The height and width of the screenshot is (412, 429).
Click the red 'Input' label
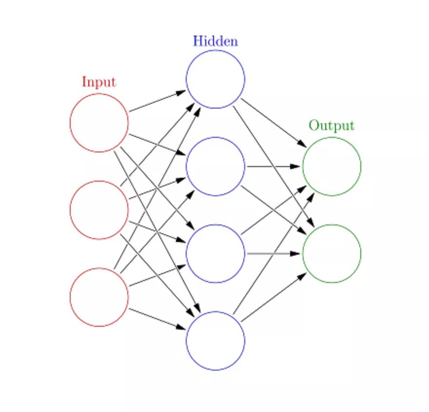tap(98, 82)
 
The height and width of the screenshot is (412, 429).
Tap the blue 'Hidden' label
tap(215, 41)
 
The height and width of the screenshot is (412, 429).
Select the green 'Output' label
tap(331, 126)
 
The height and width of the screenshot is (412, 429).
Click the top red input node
tap(99, 123)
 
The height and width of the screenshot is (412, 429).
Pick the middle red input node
tap(99, 210)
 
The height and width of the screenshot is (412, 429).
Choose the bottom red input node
tap(99, 297)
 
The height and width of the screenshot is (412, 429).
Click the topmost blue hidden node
tap(215, 79)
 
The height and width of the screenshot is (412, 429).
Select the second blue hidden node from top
tap(215, 167)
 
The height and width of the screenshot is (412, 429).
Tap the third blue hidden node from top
tap(215, 254)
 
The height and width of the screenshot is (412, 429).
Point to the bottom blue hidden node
tap(215, 341)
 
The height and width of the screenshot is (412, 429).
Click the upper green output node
tap(331, 167)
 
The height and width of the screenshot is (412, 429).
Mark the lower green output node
tap(331, 254)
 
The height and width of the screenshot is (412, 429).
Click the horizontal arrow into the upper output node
tap(273, 167)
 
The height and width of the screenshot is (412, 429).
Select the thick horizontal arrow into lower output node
tap(273, 254)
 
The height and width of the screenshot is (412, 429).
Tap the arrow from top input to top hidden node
tap(157, 101)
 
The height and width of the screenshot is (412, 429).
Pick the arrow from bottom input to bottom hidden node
tap(157, 319)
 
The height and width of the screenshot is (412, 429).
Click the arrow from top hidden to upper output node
tap(273, 123)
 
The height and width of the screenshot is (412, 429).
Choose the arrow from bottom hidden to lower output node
tap(273, 298)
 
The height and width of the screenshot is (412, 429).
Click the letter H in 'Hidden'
tap(197, 41)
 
